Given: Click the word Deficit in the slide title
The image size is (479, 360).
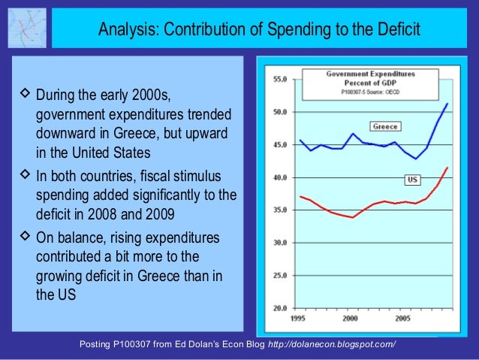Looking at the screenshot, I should tap(387, 30).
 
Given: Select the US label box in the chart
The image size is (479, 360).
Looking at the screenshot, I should tap(412, 180).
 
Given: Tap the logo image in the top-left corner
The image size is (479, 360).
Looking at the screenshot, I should tap(26, 28).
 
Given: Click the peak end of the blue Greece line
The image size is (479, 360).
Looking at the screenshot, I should tap(447, 104).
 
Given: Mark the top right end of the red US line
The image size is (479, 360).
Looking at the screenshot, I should tap(448, 168).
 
